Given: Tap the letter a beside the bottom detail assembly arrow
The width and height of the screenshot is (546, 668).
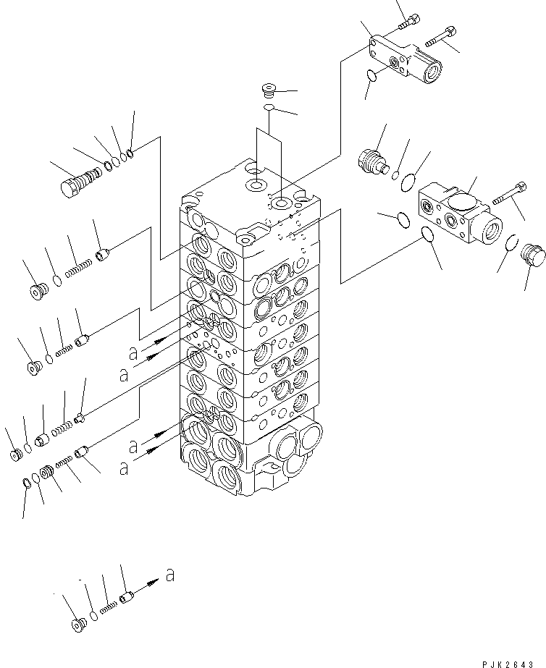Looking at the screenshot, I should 169,576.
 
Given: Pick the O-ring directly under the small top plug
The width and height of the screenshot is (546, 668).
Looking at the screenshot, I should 269,108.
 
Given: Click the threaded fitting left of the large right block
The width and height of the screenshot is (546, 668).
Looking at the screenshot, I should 373,158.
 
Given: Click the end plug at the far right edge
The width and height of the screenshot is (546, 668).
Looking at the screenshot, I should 535,254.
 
